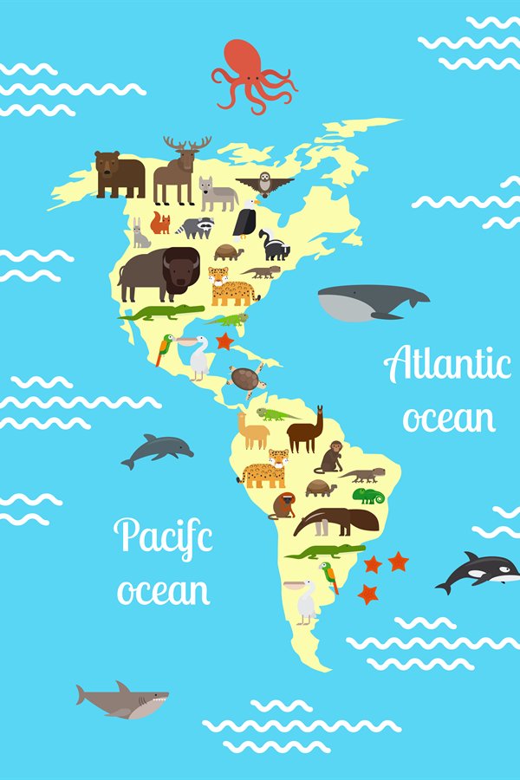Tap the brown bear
coord(119,173)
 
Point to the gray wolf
coord(217,194)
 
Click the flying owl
coord(264,184)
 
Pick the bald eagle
coord(246,218)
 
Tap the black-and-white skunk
coord(274,245)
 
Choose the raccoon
coord(196,227)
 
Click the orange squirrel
coord(160,224)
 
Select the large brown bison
coord(160,272)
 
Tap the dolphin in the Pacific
coord(157,450)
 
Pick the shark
coord(123,699)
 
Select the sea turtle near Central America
coord(246,379)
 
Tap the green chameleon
coord(367,496)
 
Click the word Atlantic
coord(447,364)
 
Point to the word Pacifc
coord(163,536)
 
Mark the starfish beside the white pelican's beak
coord(225,341)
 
